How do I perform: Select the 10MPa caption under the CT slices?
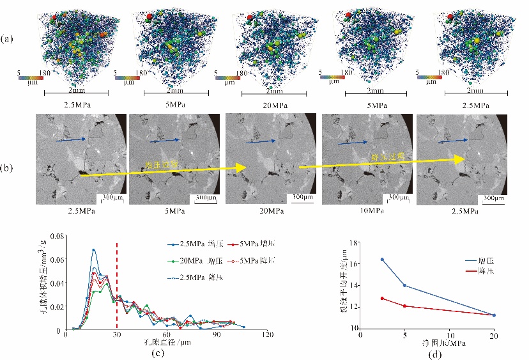coord(364,210)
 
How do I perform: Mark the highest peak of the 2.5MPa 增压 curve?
coord(93,250)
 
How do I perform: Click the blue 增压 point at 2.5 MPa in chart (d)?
coord(382,259)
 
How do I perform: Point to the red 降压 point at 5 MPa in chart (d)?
coord(404,306)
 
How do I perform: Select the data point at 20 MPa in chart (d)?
coord(494,315)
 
